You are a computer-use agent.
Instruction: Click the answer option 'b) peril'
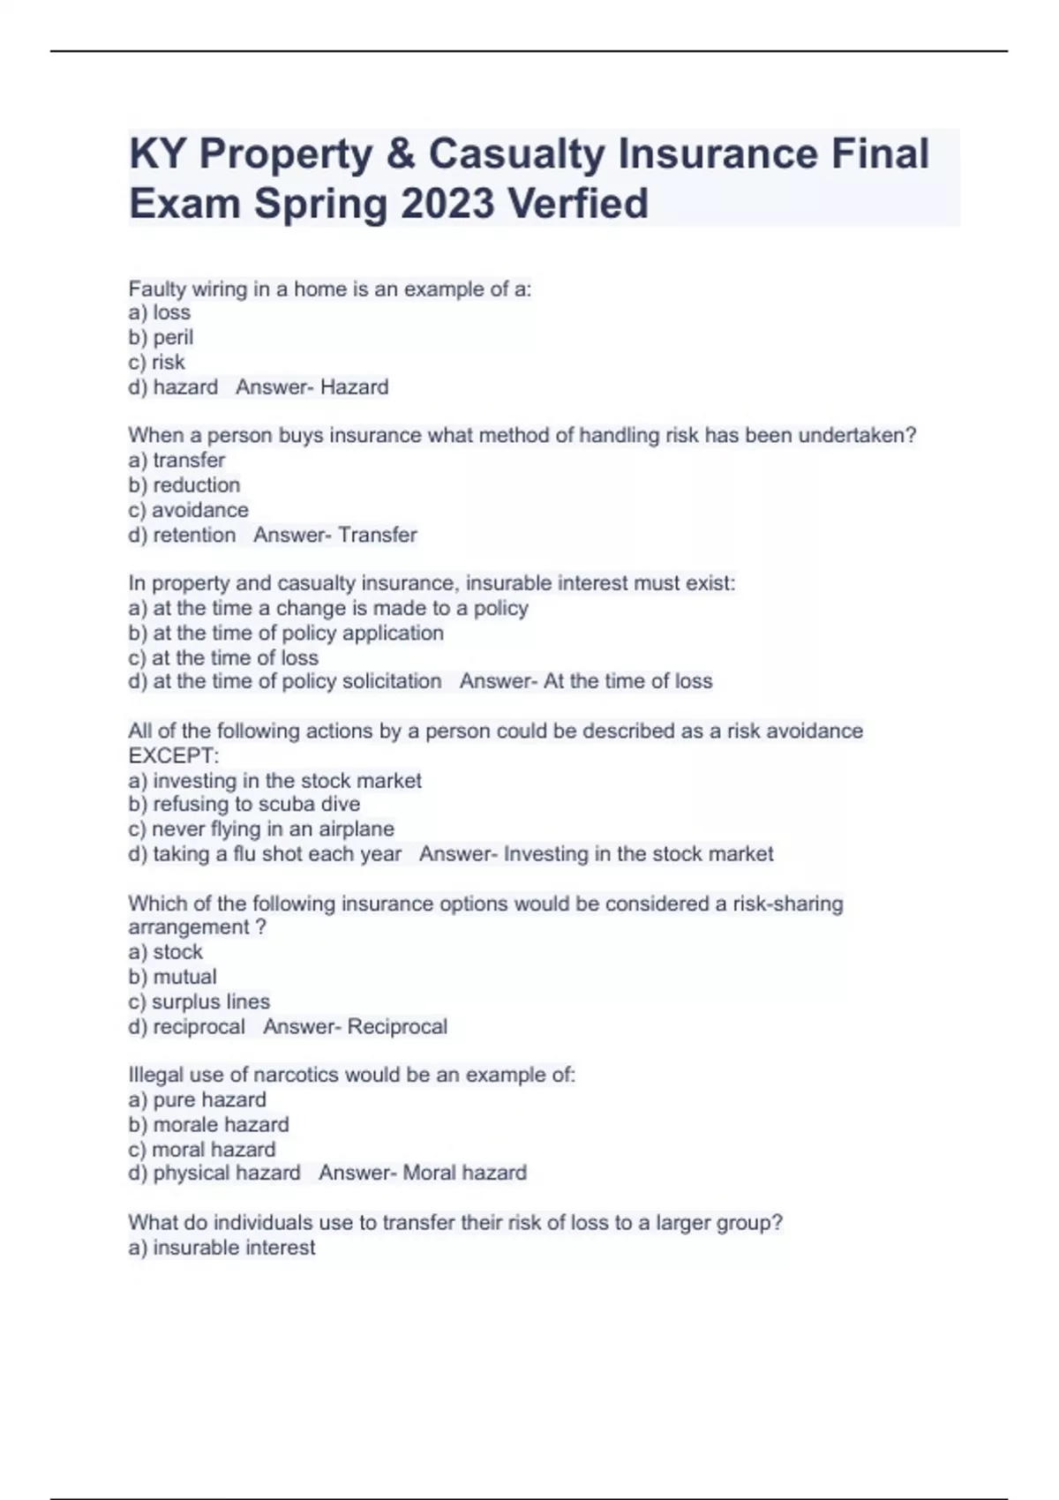(x=161, y=337)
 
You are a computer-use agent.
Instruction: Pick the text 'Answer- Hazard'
(x=312, y=386)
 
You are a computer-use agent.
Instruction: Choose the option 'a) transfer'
(x=176, y=460)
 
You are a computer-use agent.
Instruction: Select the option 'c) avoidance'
(x=188, y=510)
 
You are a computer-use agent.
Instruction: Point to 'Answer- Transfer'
(x=334, y=535)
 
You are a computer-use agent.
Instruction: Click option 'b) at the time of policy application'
(x=285, y=633)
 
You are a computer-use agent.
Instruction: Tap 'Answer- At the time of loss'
(x=585, y=681)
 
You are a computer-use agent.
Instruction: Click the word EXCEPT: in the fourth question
(x=173, y=755)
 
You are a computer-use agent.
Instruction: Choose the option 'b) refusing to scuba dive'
(x=244, y=804)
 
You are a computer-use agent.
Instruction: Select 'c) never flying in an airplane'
(x=260, y=829)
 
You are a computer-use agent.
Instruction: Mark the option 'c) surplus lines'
(x=199, y=1001)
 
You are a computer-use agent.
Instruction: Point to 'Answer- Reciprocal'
(x=355, y=1026)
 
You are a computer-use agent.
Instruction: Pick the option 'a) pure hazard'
(x=197, y=1099)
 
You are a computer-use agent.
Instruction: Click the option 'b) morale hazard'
(x=208, y=1124)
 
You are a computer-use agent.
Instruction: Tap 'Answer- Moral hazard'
(x=422, y=1173)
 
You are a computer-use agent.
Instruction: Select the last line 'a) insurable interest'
(x=222, y=1248)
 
